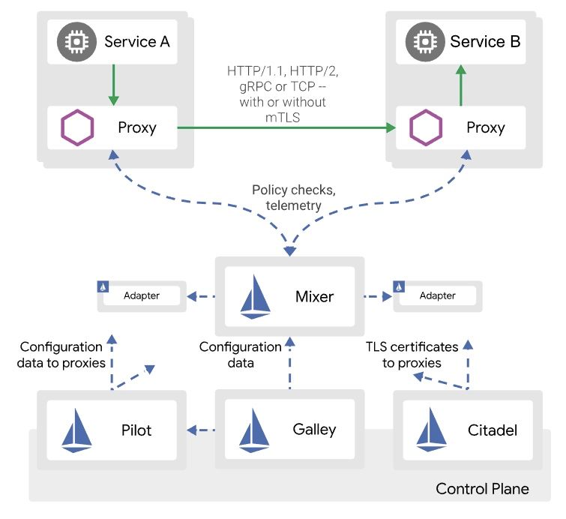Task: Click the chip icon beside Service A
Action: (76, 42)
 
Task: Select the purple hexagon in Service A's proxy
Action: (77, 127)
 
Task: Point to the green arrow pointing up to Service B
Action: (460, 84)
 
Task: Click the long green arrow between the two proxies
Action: (285, 129)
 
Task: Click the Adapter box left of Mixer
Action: (141, 295)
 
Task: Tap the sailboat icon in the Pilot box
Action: (77, 431)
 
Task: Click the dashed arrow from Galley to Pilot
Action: (202, 430)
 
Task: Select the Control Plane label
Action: (482, 489)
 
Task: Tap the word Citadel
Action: (492, 430)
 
